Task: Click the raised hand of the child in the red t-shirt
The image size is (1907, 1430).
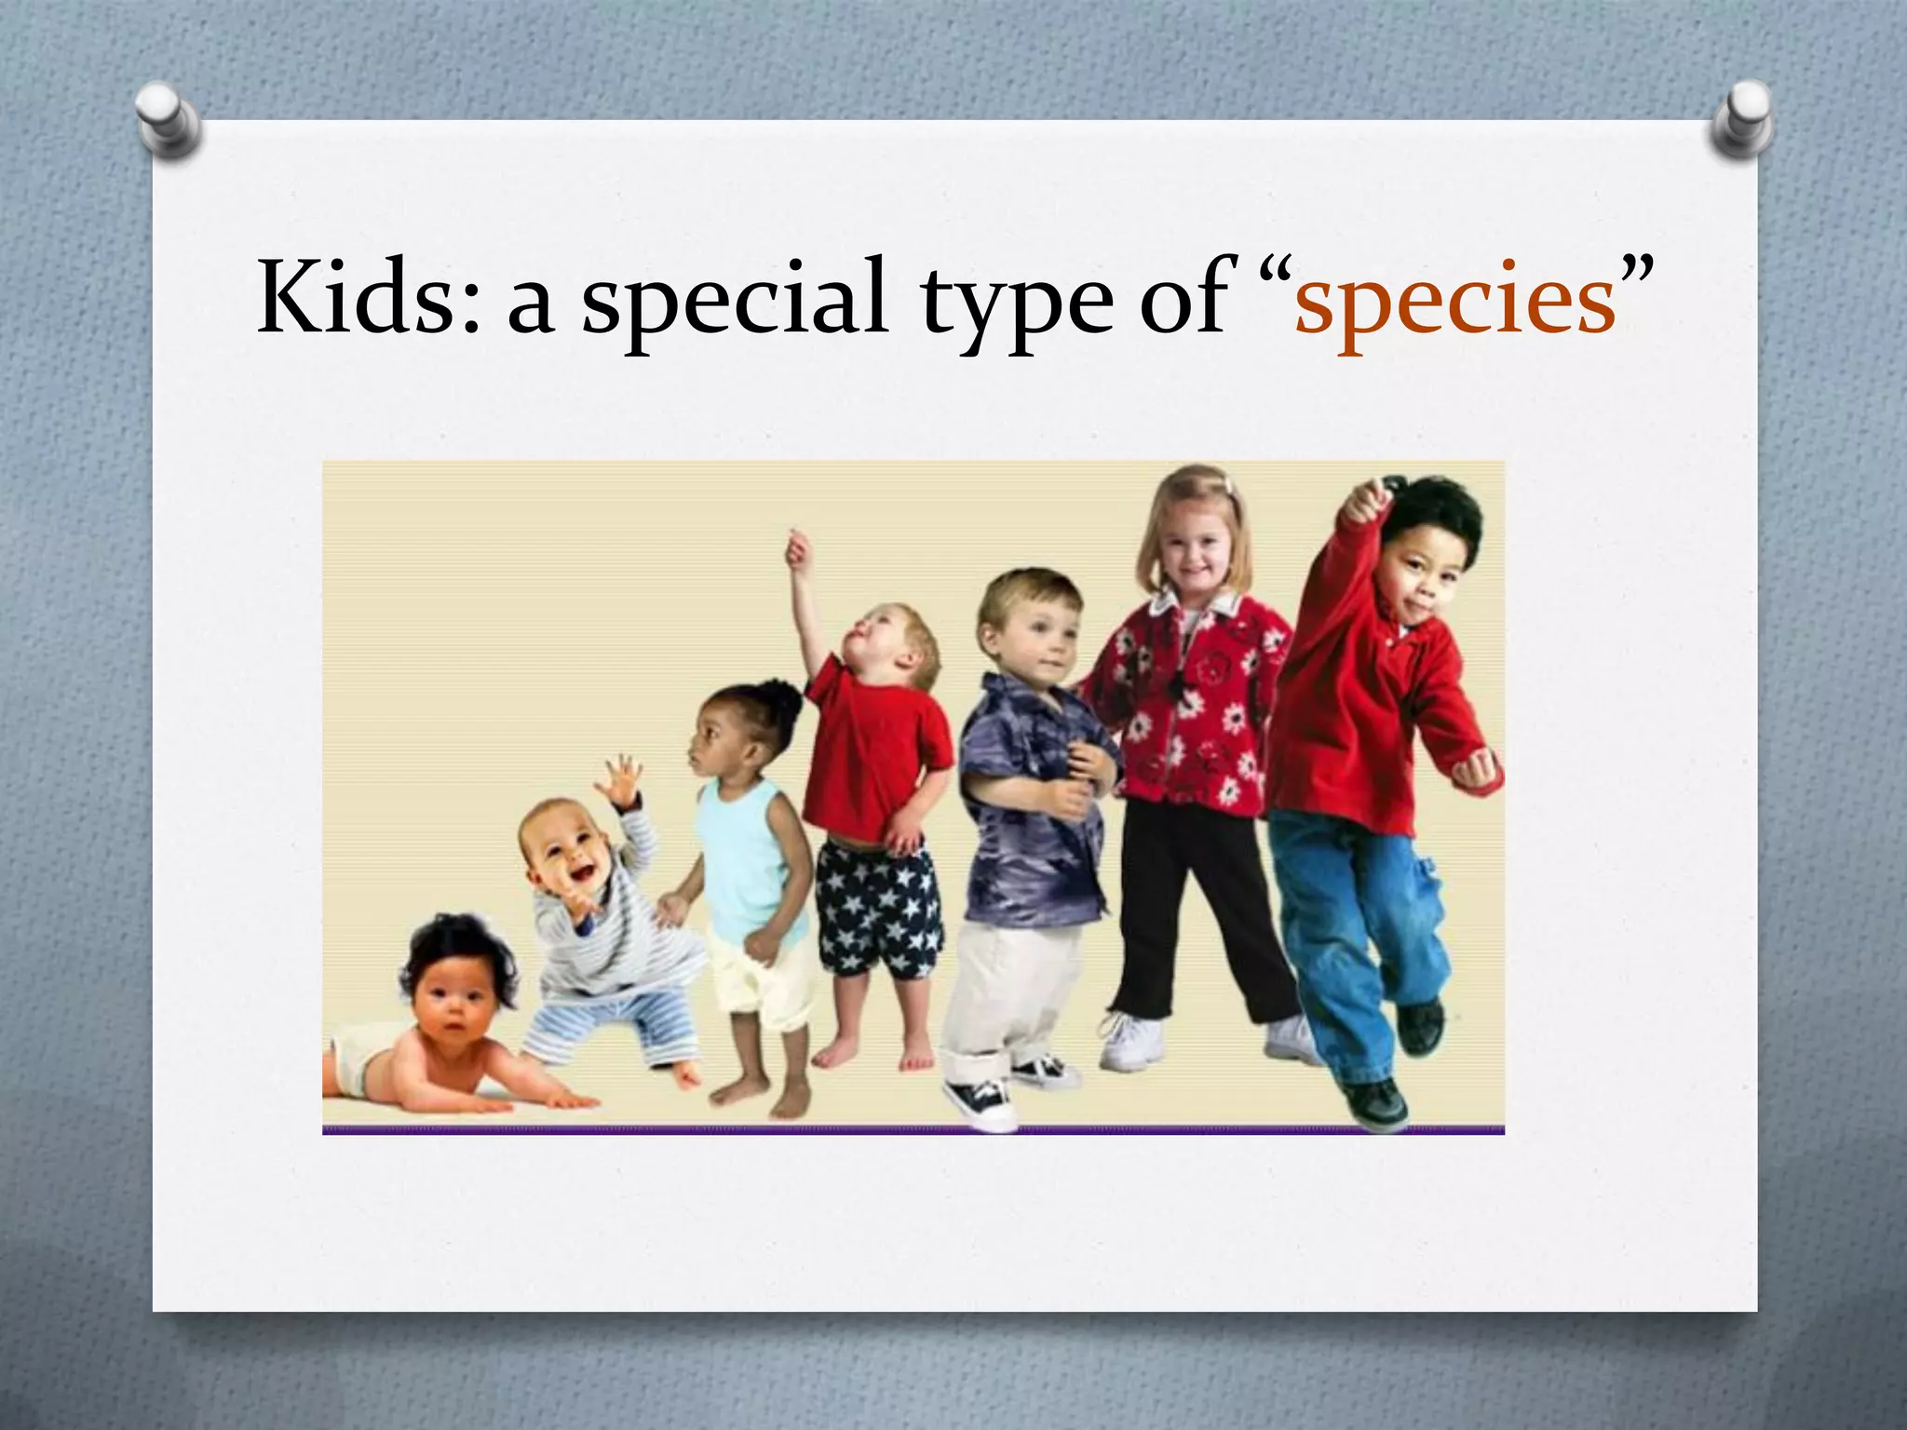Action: [798, 548]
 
